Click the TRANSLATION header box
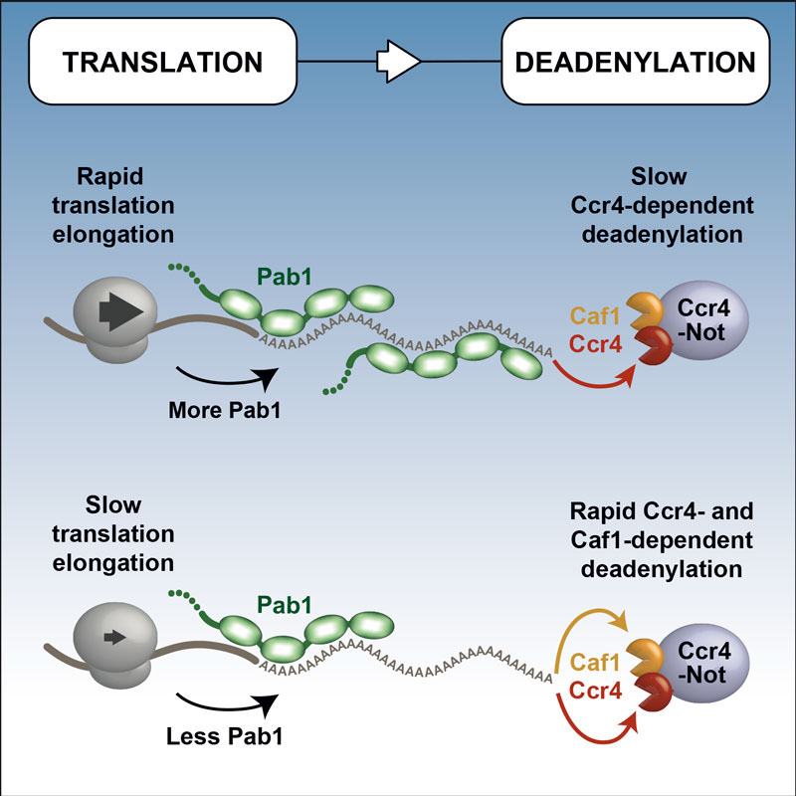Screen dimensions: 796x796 click(162, 63)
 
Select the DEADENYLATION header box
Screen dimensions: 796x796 click(634, 63)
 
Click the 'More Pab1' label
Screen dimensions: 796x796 click(222, 409)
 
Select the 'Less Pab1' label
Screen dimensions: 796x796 click(222, 736)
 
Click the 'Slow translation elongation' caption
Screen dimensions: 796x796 click(123, 538)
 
